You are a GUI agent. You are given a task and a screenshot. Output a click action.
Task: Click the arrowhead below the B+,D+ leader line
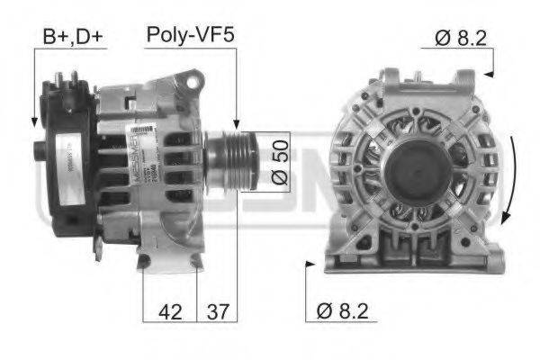(34, 121)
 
